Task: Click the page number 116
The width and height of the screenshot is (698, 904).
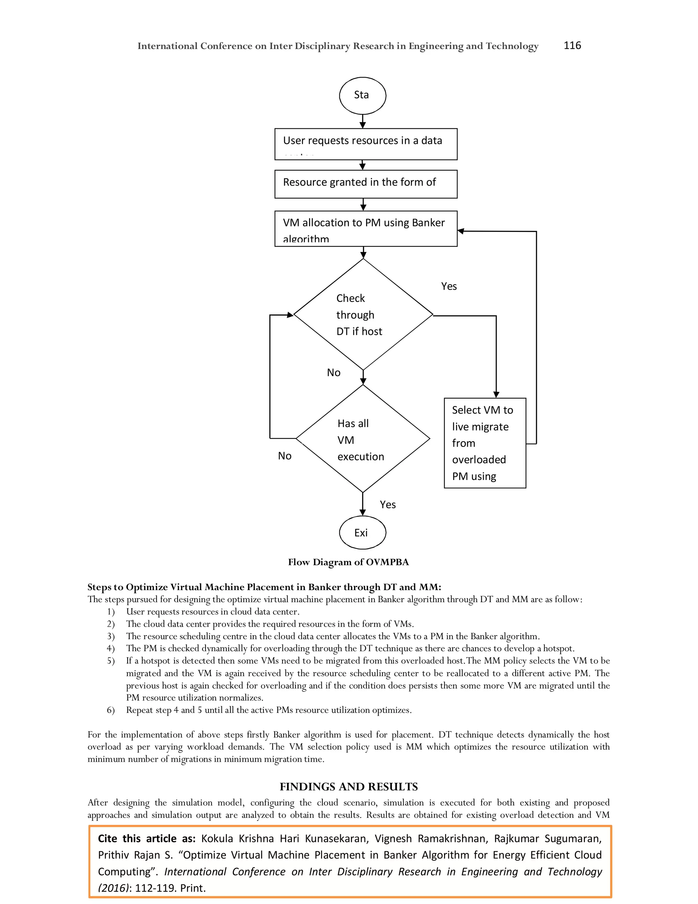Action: [x=572, y=45]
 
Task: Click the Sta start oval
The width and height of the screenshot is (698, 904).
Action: [x=362, y=96]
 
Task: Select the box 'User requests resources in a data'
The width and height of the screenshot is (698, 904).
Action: [x=366, y=144]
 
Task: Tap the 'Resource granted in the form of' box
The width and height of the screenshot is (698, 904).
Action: [x=366, y=184]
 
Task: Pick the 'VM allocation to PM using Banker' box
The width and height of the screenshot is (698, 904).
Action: [x=366, y=229]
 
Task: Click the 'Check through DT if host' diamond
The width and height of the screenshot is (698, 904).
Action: [x=363, y=315]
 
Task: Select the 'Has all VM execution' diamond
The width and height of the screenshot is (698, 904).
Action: [x=363, y=439]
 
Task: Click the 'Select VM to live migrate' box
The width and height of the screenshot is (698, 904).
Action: [x=485, y=443]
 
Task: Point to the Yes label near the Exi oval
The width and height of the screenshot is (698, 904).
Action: [x=388, y=505]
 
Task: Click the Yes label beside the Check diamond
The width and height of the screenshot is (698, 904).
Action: [x=449, y=287]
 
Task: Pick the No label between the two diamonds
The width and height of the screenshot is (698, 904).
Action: [x=333, y=373]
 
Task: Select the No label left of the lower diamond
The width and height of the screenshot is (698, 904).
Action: [x=285, y=456]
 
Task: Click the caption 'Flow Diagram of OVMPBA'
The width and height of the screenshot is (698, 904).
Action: [x=348, y=562]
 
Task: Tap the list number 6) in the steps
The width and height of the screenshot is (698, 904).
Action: [x=110, y=710]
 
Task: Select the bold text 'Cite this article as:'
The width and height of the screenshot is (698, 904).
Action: [x=146, y=839]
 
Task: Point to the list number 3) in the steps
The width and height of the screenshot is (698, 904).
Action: [x=110, y=636]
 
